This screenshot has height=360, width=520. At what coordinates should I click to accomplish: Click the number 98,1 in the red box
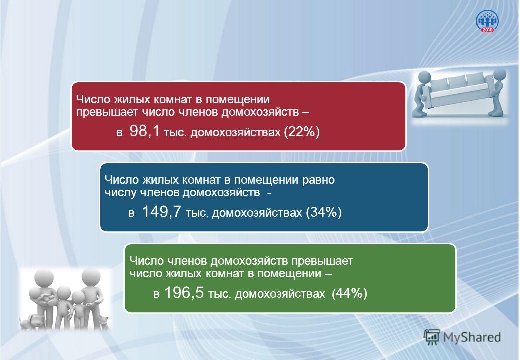[144, 131]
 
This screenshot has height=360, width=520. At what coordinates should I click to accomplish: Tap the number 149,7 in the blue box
[162, 212]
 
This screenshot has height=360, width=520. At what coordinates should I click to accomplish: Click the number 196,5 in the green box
[184, 293]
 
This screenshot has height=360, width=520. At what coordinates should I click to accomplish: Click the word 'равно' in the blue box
[319, 180]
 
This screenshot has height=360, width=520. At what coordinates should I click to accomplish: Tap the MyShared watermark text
[472, 337]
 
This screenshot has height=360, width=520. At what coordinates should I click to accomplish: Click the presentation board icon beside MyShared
[432, 337]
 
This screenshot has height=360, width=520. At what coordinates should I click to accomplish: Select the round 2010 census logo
[487, 21]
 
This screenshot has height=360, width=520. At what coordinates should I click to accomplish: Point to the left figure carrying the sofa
[423, 94]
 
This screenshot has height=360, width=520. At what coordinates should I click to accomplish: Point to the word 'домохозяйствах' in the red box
[236, 133]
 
